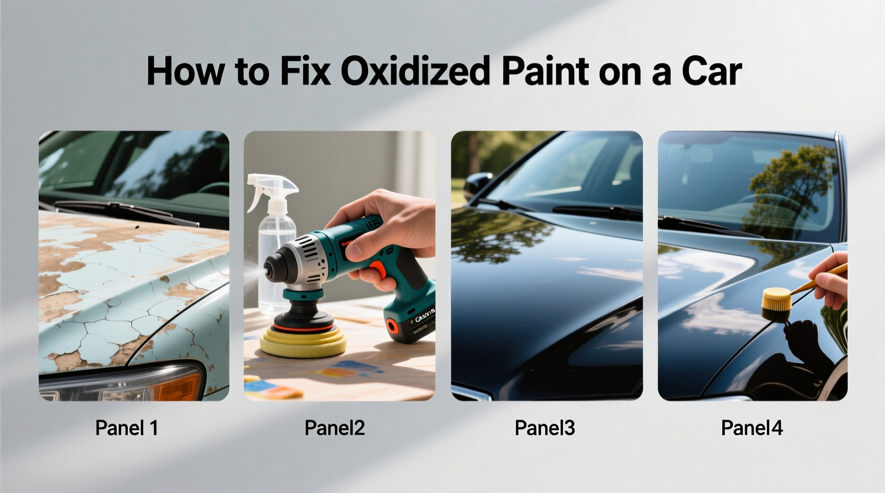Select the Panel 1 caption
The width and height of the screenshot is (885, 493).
(127, 428)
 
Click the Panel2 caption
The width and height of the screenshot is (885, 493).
(335, 428)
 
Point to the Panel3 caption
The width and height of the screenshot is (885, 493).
(545, 428)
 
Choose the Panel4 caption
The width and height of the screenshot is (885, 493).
(752, 428)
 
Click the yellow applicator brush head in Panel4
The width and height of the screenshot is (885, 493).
(774, 302)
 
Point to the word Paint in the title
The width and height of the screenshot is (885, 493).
(545, 71)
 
